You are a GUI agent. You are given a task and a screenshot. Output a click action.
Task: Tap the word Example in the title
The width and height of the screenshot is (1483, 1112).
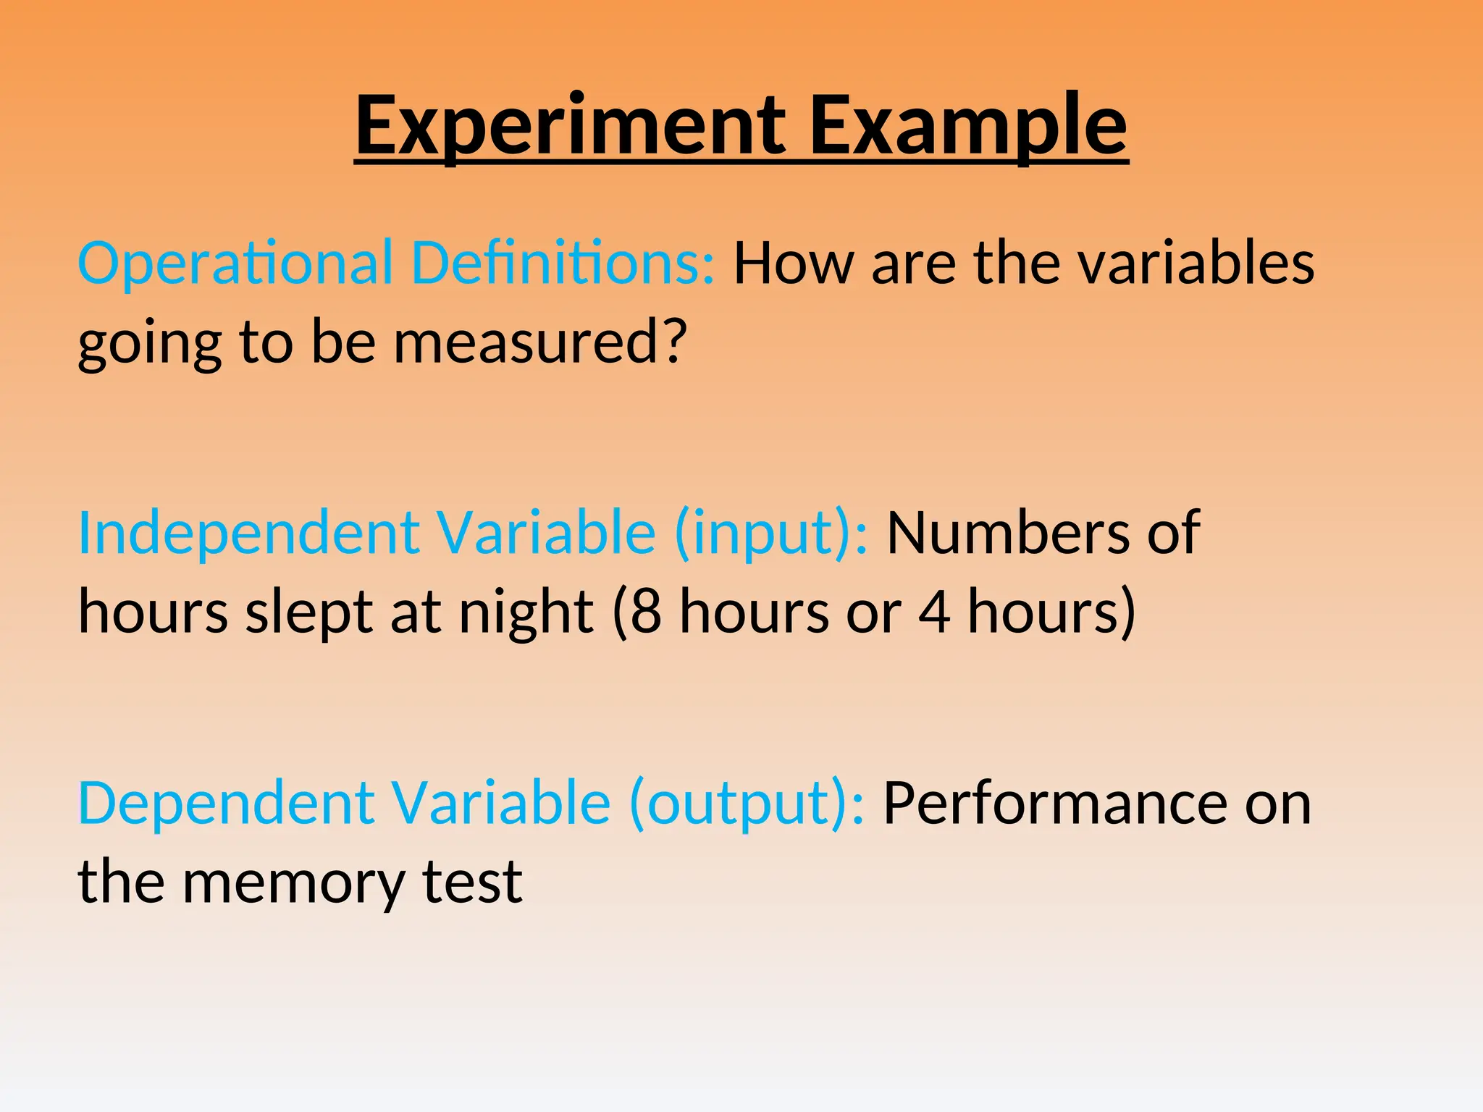pyautogui.click(x=968, y=127)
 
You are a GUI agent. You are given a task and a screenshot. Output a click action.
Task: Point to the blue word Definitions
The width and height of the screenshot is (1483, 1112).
pyautogui.click(x=563, y=263)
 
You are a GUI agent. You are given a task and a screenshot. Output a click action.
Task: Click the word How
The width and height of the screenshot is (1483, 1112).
pyautogui.click(x=794, y=263)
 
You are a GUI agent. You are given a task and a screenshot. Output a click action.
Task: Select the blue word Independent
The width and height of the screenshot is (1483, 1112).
pyautogui.click(x=248, y=534)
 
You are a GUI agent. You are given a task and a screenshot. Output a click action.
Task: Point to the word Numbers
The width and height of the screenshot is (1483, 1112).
pyautogui.click(x=1001, y=534)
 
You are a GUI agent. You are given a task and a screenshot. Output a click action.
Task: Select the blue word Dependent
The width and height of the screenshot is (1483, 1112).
pyautogui.click(x=226, y=804)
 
